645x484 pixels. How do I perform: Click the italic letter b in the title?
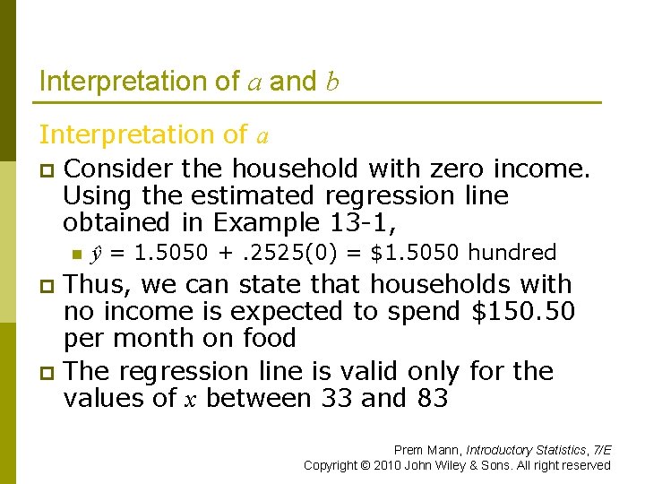pyautogui.click(x=332, y=82)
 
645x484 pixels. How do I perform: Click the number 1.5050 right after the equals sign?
pyautogui.click(x=160, y=253)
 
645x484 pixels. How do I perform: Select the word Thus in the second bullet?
pyautogui.click(x=97, y=285)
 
